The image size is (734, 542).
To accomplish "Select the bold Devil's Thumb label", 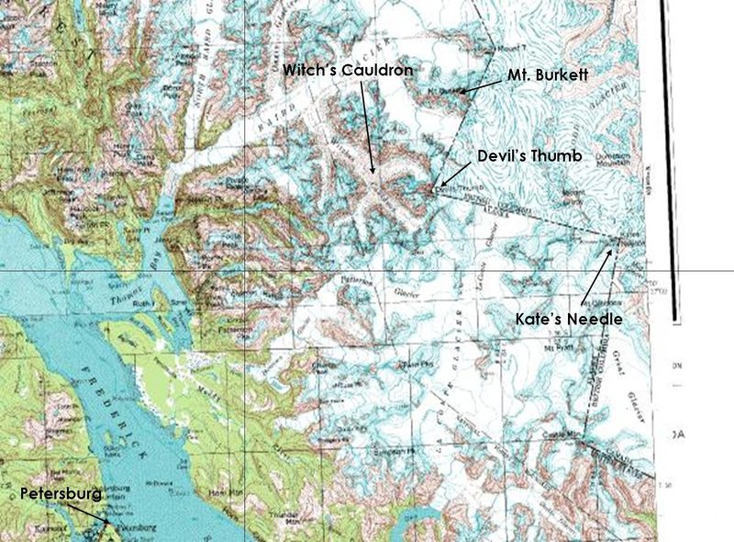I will point(528,156).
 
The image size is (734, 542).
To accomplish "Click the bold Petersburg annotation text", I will point(61,494).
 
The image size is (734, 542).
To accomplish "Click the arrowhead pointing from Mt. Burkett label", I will point(462,91).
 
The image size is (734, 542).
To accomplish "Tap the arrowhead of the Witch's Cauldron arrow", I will point(373,173).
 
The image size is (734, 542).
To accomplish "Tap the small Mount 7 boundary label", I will point(515,47).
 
